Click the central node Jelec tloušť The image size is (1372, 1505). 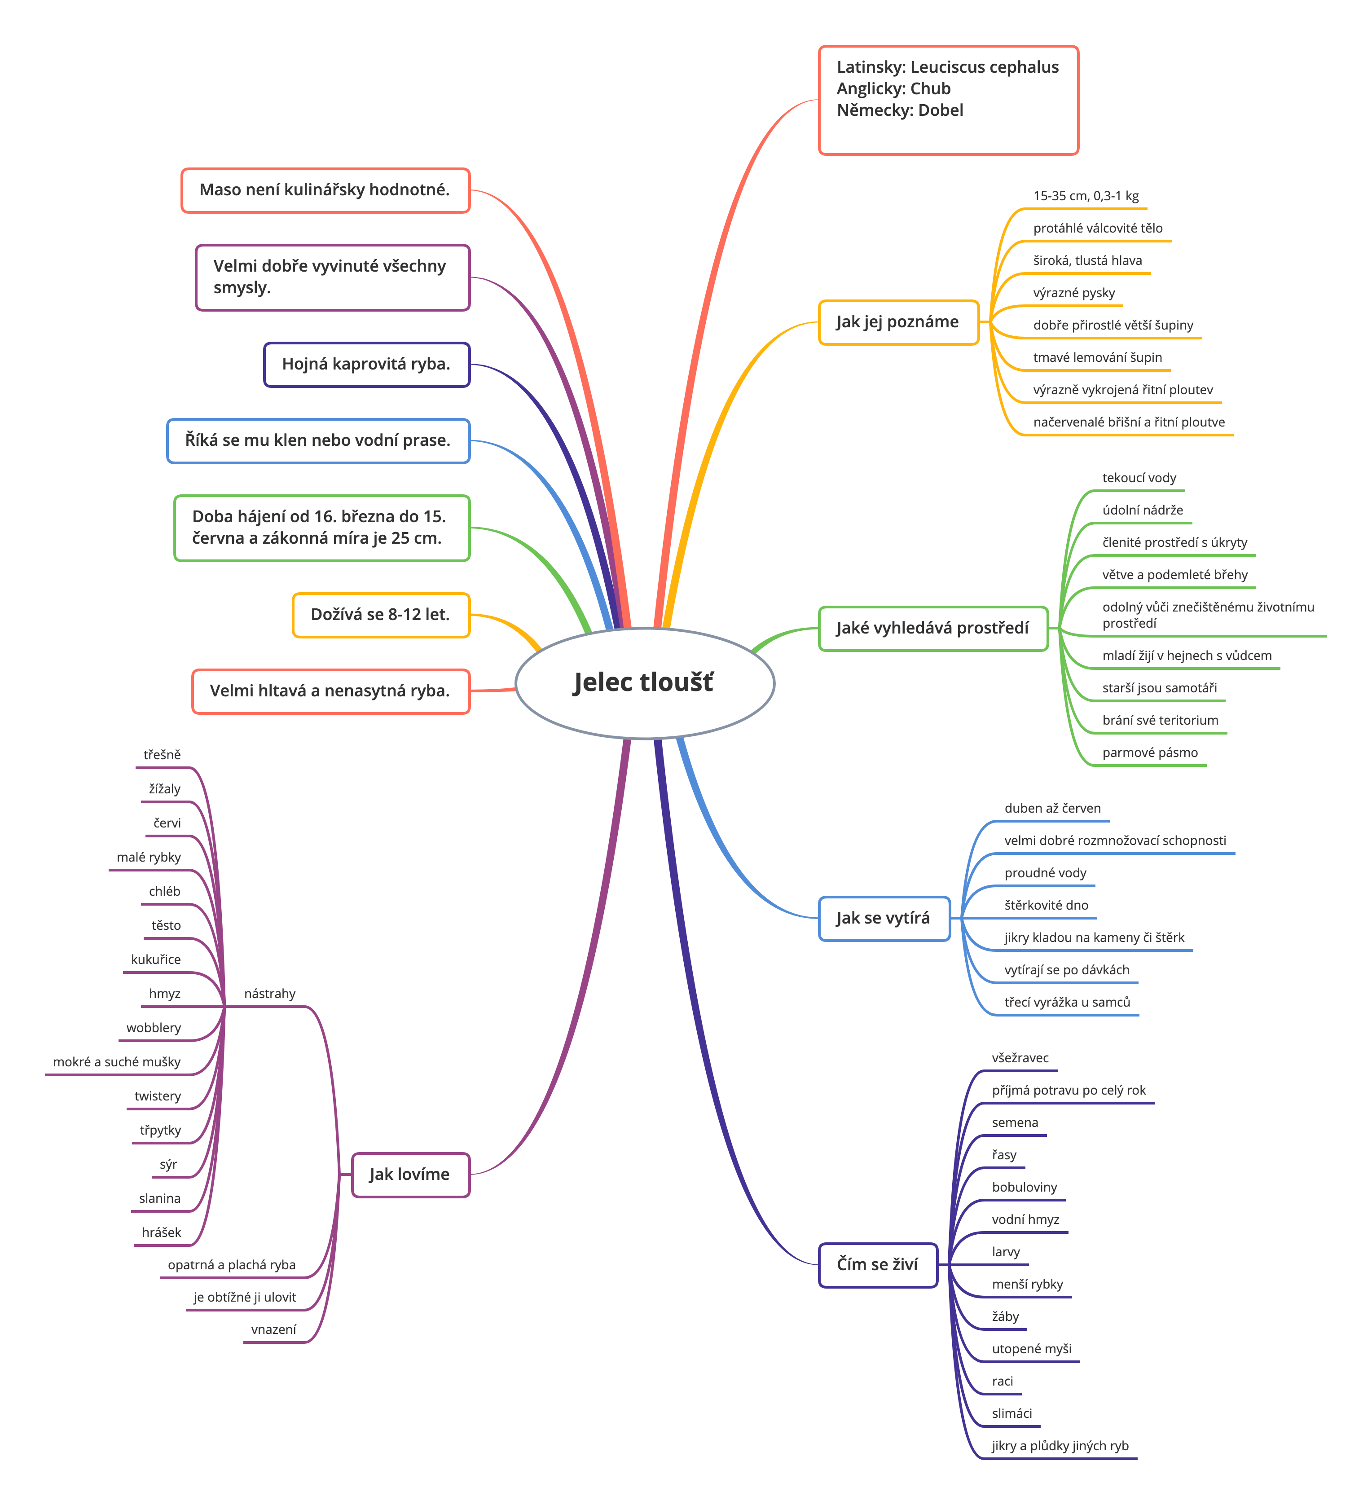(x=645, y=683)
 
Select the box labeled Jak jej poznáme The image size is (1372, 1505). (x=898, y=322)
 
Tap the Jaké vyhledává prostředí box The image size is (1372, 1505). (x=933, y=629)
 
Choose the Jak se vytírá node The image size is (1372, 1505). (x=884, y=918)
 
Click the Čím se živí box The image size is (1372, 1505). (x=878, y=1265)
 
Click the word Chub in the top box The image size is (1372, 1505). (x=930, y=89)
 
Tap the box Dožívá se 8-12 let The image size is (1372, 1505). (x=381, y=615)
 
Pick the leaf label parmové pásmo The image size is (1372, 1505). (x=1150, y=752)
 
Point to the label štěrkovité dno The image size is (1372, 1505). (x=1046, y=905)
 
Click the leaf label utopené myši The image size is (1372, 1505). (x=1032, y=1348)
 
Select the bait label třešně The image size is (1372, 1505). (x=162, y=755)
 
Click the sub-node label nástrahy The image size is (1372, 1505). (x=269, y=994)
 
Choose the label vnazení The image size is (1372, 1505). (x=273, y=1329)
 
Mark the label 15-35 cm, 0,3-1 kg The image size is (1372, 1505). (x=1086, y=196)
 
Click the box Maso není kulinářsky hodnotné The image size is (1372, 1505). (x=325, y=190)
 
